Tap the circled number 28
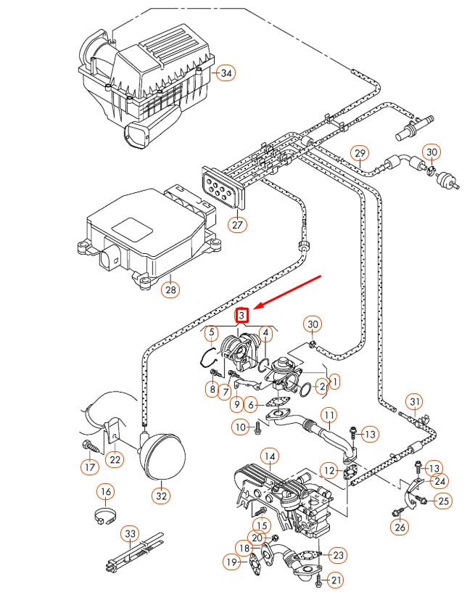pyautogui.click(x=170, y=290)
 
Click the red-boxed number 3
pyautogui.click(x=243, y=316)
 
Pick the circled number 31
pyautogui.click(x=414, y=401)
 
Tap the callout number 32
pyautogui.click(x=161, y=496)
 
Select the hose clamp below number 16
pyautogui.click(x=106, y=517)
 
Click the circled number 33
pyautogui.click(x=130, y=534)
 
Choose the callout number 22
pyautogui.click(x=115, y=459)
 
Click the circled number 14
pyautogui.click(x=270, y=456)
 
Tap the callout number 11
pyautogui.click(x=330, y=416)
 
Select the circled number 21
pyautogui.click(x=334, y=580)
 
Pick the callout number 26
pyautogui.click(x=400, y=527)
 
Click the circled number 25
pyautogui.click(x=444, y=500)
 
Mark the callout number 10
pyautogui.click(x=241, y=427)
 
